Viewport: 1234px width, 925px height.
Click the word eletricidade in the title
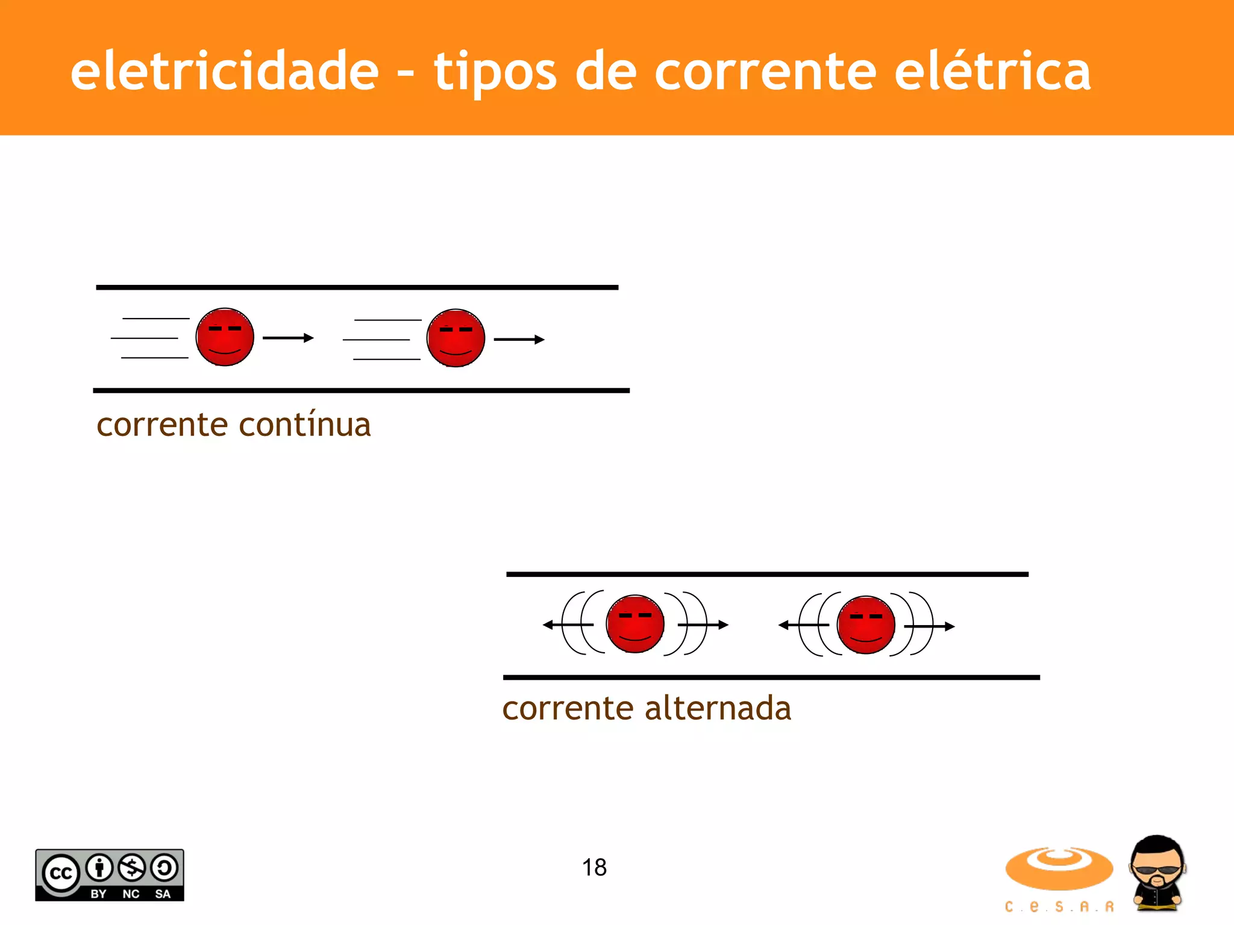point(224,71)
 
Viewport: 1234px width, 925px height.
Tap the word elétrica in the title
point(992,71)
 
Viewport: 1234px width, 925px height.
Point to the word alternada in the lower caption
point(718,708)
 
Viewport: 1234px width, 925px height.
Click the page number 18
point(594,867)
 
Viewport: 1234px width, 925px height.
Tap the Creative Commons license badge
point(110,875)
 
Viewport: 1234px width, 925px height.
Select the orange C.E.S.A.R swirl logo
point(1059,869)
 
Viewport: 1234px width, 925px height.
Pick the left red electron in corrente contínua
point(225,337)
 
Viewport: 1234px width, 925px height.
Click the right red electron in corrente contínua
point(456,338)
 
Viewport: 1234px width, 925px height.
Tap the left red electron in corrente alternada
point(635,624)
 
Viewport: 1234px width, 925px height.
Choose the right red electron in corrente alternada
point(866,625)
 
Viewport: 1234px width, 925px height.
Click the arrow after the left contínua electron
point(289,338)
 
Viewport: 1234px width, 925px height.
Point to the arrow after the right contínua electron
point(519,340)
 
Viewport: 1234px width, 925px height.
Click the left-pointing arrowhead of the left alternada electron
point(548,625)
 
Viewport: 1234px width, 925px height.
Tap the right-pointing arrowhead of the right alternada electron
point(950,626)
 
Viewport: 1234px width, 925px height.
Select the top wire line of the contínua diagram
point(357,287)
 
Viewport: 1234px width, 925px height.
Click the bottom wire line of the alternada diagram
point(771,677)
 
